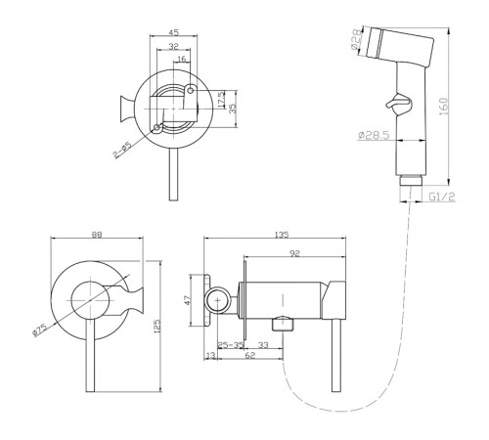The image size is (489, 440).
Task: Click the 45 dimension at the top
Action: pyautogui.click(x=174, y=32)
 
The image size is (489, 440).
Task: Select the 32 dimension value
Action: pyautogui.click(x=174, y=47)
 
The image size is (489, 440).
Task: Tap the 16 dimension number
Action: pyautogui.click(x=182, y=59)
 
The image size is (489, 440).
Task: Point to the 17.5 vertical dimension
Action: pyautogui.click(x=221, y=100)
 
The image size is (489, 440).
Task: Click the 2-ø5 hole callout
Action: pyautogui.click(x=122, y=150)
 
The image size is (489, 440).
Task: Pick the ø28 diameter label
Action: pyautogui.click(x=357, y=39)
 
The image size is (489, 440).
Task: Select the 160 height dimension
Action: pyautogui.click(x=444, y=106)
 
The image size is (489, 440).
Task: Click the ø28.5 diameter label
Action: pyautogui.click(x=374, y=135)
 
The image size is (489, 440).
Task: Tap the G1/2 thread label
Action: pyautogui.click(x=441, y=197)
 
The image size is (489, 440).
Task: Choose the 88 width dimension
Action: pyautogui.click(x=97, y=235)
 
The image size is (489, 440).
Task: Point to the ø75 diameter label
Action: pyautogui.click(x=40, y=330)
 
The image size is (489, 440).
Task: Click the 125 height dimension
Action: pyautogui.click(x=157, y=326)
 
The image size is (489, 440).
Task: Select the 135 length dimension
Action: pyautogui.click(x=282, y=235)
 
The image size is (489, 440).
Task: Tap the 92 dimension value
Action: pyautogui.click(x=294, y=253)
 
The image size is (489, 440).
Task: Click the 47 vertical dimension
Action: pyautogui.click(x=188, y=300)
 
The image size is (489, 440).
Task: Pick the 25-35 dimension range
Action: pyautogui.click(x=231, y=344)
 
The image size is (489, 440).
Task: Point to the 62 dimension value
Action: pyautogui.click(x=250, y=355)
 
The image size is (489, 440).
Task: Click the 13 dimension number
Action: pyautogui.click(x=211, y=355)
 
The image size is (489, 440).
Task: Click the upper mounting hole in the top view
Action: pyautogui.click(x=191, y=90)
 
